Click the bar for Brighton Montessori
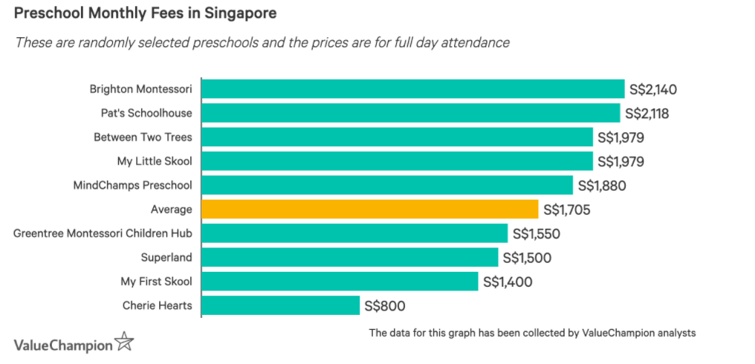tap(412, 89)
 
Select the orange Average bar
tap(369, 209)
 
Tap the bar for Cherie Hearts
tap(280, 305)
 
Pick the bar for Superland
tap(349, 258)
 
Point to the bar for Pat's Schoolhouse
tap(410, 113)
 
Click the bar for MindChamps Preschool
tap(387, 185)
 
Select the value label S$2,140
tap(652, 89)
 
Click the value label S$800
tap(384, 305)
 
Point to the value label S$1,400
tap(508, 282)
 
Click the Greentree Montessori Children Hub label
tap(103, 233)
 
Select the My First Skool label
tap(156, 282)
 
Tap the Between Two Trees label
tap(143, 137)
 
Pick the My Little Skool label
tap(155, 161)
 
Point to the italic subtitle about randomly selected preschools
tap(262, 42)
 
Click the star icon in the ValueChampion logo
tap(124, 343)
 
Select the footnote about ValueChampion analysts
tap(532, 333)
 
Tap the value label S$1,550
tap(536, 233)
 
